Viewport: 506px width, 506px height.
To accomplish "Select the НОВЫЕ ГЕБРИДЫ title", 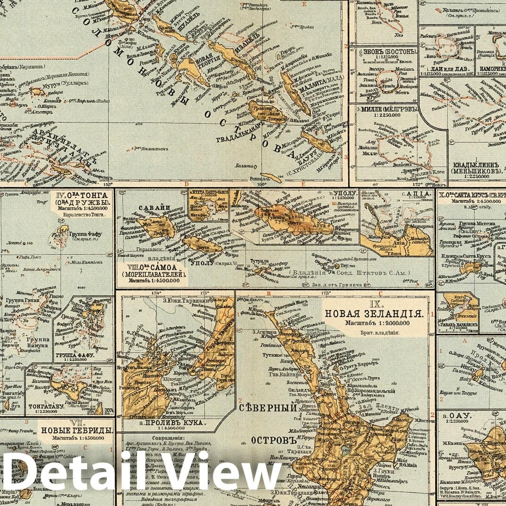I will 76,430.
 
